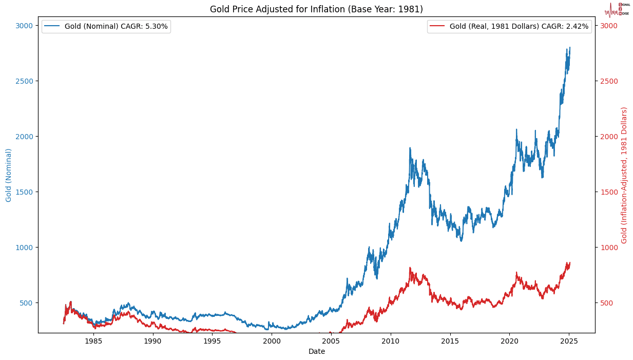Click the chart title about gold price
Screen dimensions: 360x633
[x=316, y=9]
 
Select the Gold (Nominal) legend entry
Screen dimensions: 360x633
[x=105, y=26]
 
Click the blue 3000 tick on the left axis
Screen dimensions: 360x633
[x=25, y=26]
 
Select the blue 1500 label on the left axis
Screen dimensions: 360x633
[x=25, y=192]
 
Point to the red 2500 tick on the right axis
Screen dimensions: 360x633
[x=609, y=81]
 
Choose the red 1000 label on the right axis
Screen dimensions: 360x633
[x=609, y=248]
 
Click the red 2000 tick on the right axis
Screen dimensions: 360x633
[x=609, y=137]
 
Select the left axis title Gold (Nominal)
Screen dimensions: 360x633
[x=9, y=175]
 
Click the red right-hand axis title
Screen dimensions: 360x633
[x=624, y=175]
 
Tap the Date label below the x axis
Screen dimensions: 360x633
[x=316, y=351]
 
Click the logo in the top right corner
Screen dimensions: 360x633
[x=617, y=10]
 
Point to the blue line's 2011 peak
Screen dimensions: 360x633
[x=410, y=148]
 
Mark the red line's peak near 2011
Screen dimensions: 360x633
[x=410, y=268]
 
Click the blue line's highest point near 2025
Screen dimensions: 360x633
[x=569, y=47]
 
